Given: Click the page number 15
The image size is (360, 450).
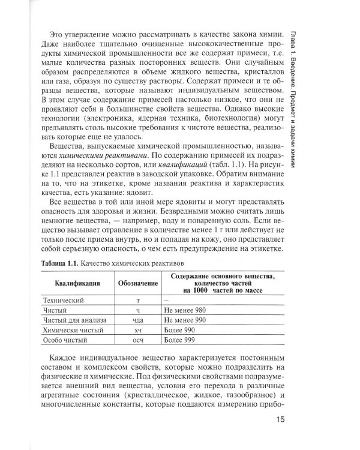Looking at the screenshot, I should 284,419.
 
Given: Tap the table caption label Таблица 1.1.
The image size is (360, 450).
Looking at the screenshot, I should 62,262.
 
